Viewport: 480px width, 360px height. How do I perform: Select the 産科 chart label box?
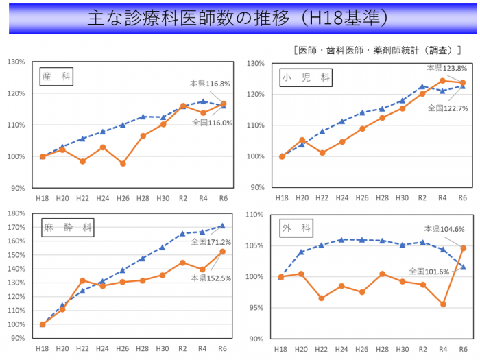[x=56, y=76]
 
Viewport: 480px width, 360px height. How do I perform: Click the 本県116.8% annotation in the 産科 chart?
[x=210, y=84]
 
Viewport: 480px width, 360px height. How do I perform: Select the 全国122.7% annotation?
[x=447, y=108]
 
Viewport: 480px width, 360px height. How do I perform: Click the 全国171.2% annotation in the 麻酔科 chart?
[x=211, y=241]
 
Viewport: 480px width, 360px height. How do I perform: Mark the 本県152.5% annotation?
[x=210, y=278]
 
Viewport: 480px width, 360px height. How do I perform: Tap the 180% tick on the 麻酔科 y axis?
[x=16, y=213]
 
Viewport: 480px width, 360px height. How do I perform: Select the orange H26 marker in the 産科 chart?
[x=123, y=164]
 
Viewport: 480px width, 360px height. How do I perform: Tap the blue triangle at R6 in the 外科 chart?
[x=464, y=267]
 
